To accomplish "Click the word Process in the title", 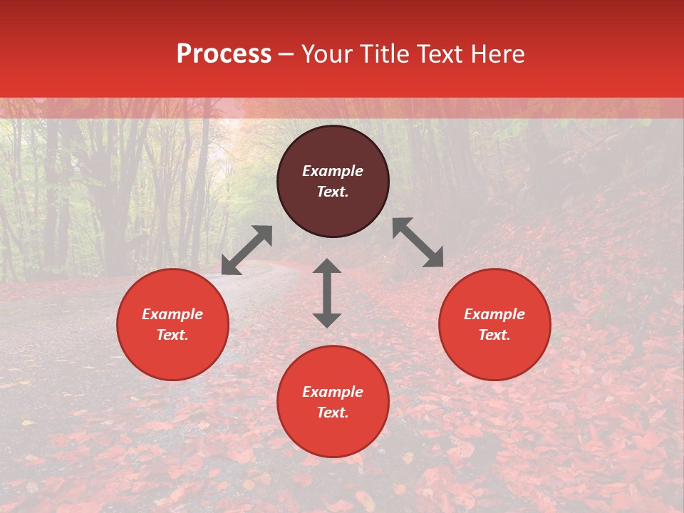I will [x=224, y=54].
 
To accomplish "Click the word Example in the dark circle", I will [x=333, y=171].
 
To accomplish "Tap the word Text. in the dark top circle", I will [x=333, y=192].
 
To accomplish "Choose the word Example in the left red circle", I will [x=172, y=314].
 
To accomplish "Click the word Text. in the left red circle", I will [x=172, y=335].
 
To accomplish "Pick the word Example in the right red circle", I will [x=494, y=314].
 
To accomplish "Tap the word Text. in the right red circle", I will [x=494, y=335].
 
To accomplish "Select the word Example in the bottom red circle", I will [x=333, y=392].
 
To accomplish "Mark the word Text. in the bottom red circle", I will [x=333, y=413].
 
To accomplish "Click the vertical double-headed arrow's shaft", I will [x=327, y=293].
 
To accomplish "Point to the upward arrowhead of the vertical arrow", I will [x=327, y=266].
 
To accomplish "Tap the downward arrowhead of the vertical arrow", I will [x=327, y=320].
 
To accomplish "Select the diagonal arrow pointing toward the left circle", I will [x=247, y=250].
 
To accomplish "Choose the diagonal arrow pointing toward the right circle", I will [x=418, y=242].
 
